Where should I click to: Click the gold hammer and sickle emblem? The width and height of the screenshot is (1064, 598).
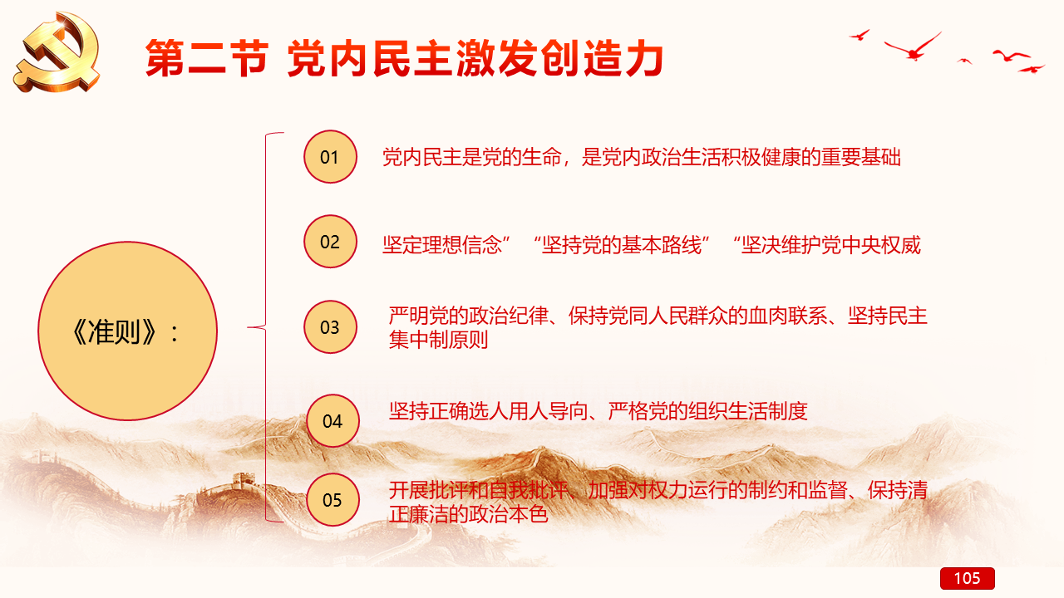(58, 52)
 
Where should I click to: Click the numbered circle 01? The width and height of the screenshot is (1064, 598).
(330, 157)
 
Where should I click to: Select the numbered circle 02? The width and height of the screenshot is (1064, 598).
(330, 242)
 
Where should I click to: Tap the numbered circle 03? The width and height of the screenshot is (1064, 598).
(330, 327)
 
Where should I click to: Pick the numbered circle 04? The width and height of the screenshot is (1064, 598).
(332, 421)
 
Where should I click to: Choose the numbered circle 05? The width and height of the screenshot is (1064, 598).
(332, 500)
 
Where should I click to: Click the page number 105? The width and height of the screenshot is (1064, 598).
(967, 578)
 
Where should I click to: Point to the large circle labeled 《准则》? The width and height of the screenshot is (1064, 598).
(128, 331)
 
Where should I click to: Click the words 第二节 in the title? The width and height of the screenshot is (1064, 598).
(207, 58)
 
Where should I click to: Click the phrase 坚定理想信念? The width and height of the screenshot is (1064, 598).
(442, 245)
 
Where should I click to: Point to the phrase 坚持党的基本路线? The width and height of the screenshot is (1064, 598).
(622, 245)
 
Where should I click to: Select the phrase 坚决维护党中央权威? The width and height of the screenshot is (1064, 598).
(831, 245)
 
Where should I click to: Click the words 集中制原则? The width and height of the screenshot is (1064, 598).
(438, 340)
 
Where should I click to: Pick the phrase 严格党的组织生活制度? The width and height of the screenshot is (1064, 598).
(707, 411)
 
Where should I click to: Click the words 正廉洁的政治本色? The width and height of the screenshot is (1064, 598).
(468, 514)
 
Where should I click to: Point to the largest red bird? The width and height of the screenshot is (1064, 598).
(913, 47)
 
